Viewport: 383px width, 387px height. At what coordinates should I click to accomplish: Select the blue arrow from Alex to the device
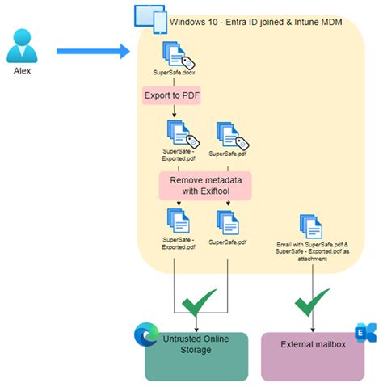coord(93,52)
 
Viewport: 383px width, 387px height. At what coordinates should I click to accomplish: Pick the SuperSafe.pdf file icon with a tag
coord(230,133)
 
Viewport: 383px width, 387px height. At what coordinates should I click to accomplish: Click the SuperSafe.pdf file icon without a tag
coord(229,222)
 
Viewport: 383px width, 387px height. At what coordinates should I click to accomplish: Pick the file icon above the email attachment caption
coord(311,227)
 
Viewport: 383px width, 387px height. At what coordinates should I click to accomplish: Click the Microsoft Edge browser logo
coord(145,334)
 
